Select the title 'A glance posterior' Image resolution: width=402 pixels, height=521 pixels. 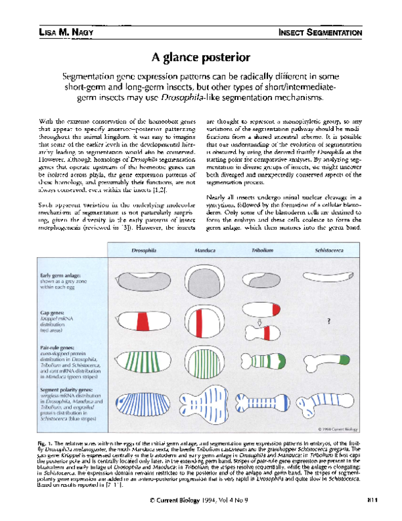200,58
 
